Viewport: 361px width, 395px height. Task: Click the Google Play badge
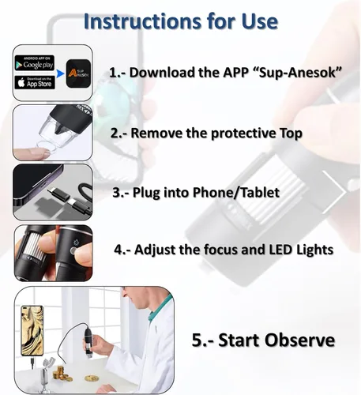(x=35, y=63)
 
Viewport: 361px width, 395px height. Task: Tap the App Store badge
(x=35, y=82)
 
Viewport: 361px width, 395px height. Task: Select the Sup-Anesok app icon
(x=78, y=73)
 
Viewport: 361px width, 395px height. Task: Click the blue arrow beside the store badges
(x=61, y=73)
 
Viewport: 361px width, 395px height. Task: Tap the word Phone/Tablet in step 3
(x=236, y=193)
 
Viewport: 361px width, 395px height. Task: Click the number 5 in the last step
(x=197, y=340)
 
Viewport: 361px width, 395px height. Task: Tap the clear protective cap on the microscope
(x=57, y=133)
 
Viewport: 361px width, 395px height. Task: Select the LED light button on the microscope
(x=73, y=250)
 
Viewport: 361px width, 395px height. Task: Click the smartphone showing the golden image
(x=32, y=331)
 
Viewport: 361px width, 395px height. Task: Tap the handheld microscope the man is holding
(x=88, y=342)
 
